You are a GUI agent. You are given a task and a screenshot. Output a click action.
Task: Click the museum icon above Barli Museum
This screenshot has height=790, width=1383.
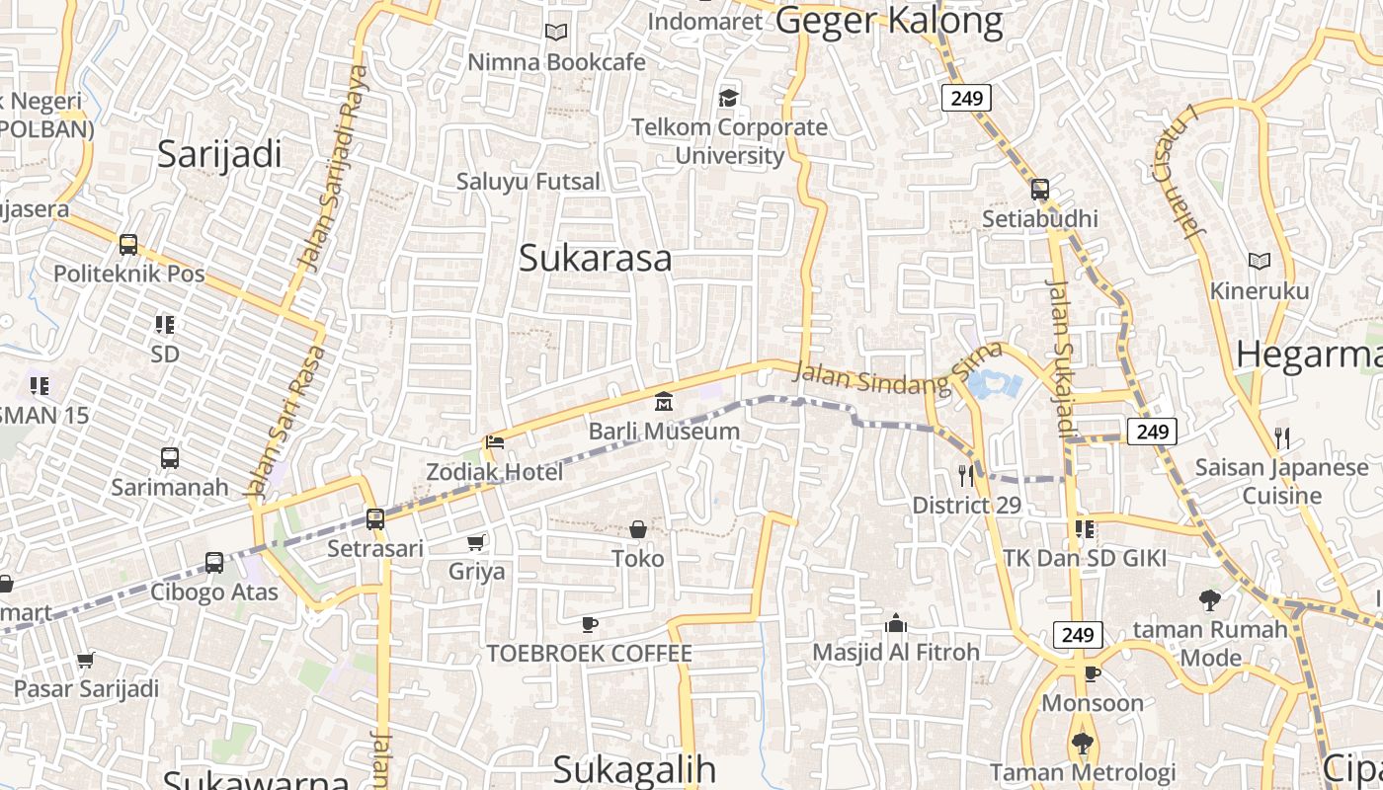[663, 402]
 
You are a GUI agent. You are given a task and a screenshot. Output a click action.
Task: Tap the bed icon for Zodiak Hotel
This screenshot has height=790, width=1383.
[495, 442]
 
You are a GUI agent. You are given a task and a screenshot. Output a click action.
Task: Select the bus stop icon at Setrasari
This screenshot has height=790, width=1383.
[375, 518]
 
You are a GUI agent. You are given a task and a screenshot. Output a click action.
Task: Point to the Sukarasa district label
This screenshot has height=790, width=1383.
[595, 258]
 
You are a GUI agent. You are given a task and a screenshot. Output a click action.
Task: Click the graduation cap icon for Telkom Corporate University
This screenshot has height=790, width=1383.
[729, 98]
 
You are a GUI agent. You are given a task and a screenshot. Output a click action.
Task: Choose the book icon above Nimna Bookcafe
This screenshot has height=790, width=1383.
[556, 33]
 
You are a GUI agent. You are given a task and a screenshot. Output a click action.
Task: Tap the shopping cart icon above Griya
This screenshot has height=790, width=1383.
[476, 542]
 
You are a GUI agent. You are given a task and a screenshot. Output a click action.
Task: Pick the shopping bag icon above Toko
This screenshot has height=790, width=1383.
[638, 529]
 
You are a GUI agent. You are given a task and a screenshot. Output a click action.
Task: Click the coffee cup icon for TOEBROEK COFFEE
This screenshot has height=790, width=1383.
[590, 624]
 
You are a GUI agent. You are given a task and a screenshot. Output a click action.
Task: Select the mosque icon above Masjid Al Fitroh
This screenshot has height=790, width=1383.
[896, 623]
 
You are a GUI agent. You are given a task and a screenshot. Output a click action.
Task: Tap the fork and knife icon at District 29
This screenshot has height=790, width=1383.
[966, 476]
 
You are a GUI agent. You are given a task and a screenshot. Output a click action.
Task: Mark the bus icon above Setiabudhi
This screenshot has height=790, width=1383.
[1039, 190]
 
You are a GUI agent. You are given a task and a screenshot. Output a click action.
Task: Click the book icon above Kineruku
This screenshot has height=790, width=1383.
[1259, 262]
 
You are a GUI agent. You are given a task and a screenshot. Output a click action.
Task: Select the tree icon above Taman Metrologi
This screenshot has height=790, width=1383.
[1083, 743]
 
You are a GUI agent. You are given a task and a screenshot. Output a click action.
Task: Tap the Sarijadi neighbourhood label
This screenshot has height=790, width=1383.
[219, 154]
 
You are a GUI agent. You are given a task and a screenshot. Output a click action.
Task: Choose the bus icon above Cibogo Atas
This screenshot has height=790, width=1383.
[214, 563]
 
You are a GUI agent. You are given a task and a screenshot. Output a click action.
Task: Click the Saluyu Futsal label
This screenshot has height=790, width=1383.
[528, 181]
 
